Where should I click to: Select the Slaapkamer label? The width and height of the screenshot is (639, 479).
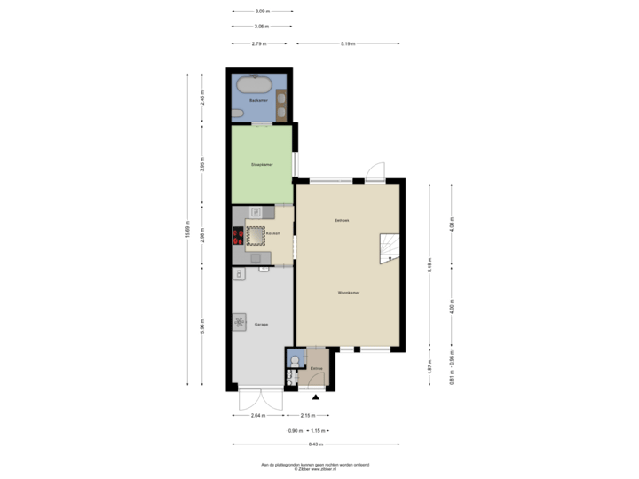pyautogui.click(x=261, y=165)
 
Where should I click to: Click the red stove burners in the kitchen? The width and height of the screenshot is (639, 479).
pyautogui.click(x=238, y=235)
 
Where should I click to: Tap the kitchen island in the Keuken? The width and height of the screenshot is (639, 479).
pyautogui.click(x=256, y=235)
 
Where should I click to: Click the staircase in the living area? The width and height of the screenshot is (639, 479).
pyautogui.click(x=390, y=248)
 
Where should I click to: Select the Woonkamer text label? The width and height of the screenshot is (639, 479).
pyautogui.click(x=348, y=292)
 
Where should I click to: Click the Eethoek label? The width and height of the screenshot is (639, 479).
pyautogui.click(x=342, y=219)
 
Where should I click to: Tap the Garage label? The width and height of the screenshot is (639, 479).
pyautogui.click(x=261, y=325)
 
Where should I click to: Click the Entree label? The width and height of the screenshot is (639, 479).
pyautogui.click(x=315, y=366)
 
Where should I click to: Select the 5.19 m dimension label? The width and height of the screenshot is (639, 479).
pyautogui.click(x=348, y=43)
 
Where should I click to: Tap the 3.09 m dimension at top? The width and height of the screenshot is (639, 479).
pyautogui.click(x=261, y=12)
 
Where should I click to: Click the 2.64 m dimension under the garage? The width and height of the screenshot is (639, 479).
pyautogui.click(x=257, y=415)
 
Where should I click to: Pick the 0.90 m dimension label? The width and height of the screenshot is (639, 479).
pyautogui.click(x=294, y=430)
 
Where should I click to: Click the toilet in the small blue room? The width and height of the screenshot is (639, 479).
pyautogui.click(x=291, y=377)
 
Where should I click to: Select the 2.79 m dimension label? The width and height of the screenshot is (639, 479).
pyautogui.click(x=258, y=43)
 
